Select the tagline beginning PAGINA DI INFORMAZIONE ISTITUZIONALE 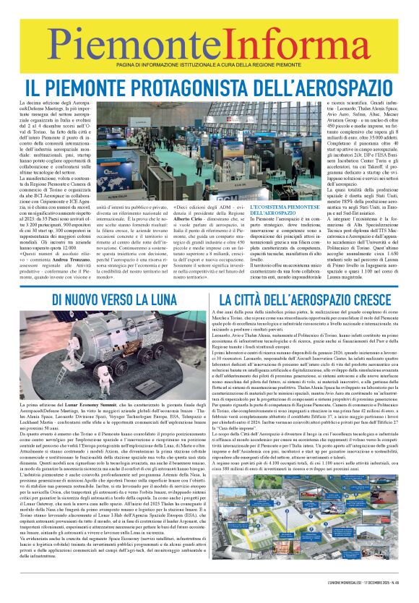point(209,66)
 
